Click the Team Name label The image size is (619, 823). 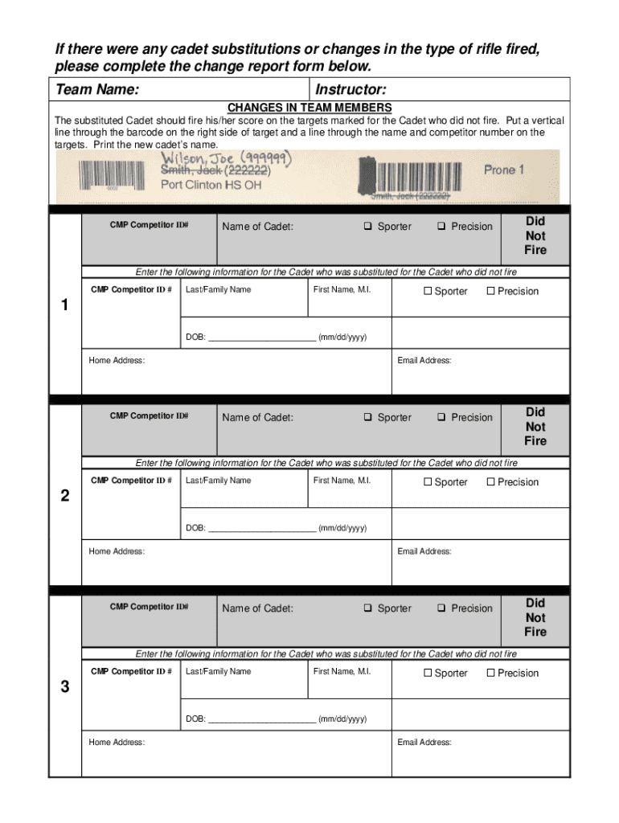(96, 89)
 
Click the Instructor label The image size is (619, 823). (351, 89)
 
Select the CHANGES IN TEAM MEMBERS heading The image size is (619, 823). (309, 108)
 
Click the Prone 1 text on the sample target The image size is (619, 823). (504, 170)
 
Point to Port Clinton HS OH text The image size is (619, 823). (211, 185)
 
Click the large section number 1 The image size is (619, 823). (65, 305)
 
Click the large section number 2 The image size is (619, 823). (65, 496)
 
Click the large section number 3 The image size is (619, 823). (65, 687)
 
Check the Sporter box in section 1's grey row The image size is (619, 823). (367, 227)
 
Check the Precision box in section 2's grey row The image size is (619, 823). (441, 418)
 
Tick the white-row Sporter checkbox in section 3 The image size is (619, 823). (428, 673)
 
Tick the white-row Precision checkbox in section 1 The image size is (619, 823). (490, 291)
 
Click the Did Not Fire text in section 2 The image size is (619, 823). (535, 427)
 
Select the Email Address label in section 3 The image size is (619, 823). (424, 743)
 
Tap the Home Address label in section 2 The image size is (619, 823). (117, 551)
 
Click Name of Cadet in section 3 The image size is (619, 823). (257, 608)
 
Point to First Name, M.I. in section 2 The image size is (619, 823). (342, 481)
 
